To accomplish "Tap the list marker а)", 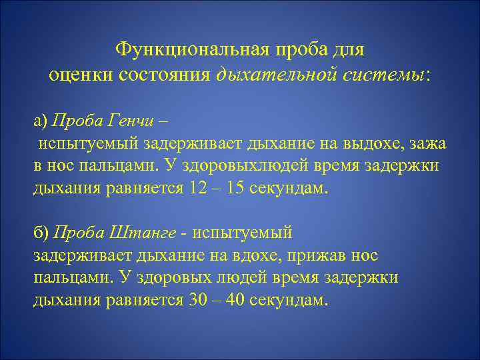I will [41, 121].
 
